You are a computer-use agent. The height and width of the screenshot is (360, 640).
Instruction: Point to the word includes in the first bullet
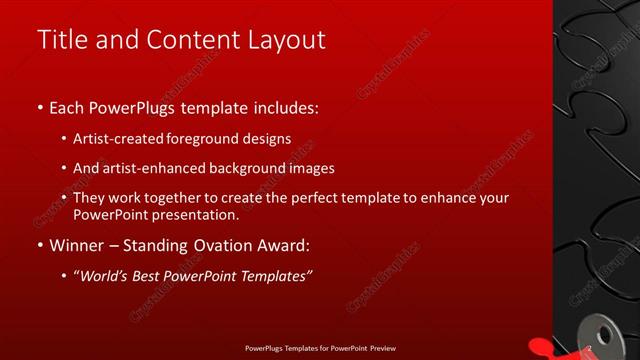pyautogui.click(x=286, y=106)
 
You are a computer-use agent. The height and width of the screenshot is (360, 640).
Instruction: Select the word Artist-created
pyautogui.click(x=131, y=138)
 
